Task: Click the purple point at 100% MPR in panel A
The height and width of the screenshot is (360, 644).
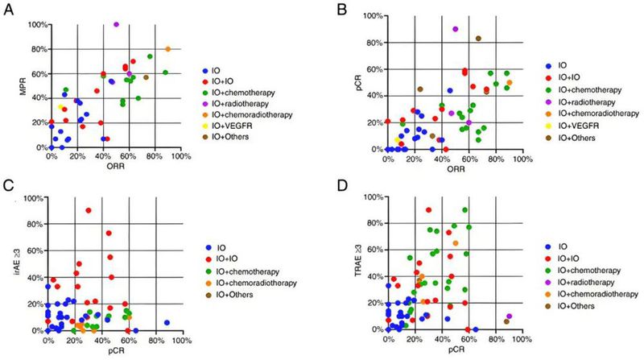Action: tap(116, 24)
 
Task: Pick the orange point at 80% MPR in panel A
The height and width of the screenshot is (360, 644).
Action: tap(167, 49)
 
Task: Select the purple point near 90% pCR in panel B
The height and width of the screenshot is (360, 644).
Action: tap(456, 29)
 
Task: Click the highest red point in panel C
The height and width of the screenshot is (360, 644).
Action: tap(88, 210)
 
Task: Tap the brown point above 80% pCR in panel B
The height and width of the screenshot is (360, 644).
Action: tap(478, 38)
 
